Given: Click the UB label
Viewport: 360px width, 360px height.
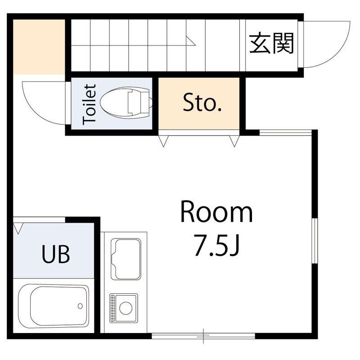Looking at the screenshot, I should pos(56,255).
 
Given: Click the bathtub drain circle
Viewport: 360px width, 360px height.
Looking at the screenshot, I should pos(80,306).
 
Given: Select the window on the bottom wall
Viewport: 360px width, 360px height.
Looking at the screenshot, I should pos(203,335).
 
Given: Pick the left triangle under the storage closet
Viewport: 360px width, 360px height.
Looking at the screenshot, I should pos(163,141).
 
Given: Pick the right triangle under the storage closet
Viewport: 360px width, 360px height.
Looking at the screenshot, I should pos(234,141).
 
